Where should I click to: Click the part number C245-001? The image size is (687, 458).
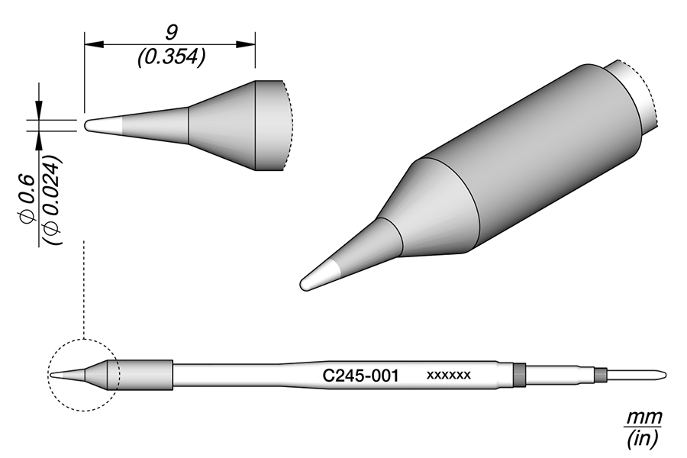(360, 376)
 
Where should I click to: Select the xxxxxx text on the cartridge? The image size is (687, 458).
(448, 376)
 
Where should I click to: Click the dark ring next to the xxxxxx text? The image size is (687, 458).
(520, 375)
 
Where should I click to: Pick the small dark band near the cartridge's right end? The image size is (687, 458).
(600, 375)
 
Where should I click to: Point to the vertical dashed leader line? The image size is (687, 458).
(82, 290)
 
